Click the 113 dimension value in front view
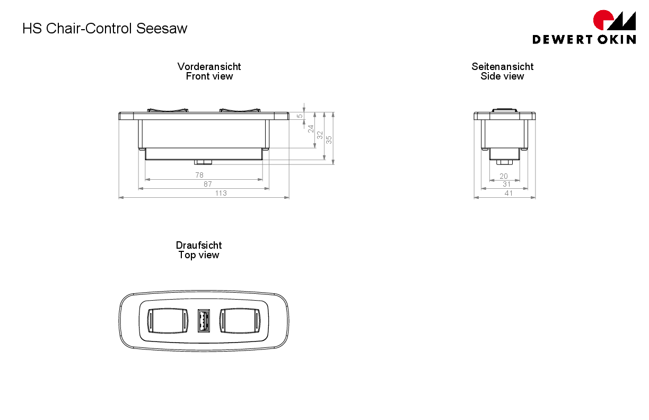click(221, 193)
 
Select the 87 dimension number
click(208, 184)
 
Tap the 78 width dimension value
click(199, 175)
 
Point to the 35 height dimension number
click(329, 140)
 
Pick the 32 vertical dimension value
click(320, 135)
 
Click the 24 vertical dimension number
click(311, 129)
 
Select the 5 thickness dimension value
click(300, 116)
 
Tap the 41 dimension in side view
click(508, 193)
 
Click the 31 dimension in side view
click(506, 184)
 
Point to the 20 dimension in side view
click(504, 176)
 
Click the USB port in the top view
click(204, 321)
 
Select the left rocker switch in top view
click(168, 321)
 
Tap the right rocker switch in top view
click(240, 321)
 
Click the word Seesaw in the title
click(162, 29)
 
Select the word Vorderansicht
click(209, 66)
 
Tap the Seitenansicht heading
click(503, 66)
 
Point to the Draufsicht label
click(199, 245)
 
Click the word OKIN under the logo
click(617, 39)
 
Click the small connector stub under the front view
click(203, 162)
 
